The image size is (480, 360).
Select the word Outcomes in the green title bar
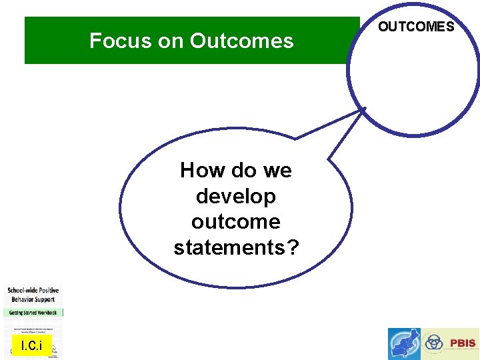241,41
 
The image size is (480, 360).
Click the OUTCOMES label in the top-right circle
416,27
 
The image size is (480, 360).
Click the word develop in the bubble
236,196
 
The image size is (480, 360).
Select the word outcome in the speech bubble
236,221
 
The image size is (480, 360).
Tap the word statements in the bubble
229,247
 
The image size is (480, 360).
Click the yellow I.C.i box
31,345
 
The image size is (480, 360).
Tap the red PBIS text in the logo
463,343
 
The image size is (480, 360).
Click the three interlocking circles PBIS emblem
434,343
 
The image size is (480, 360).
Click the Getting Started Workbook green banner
33,312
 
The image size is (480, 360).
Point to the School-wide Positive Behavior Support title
33,295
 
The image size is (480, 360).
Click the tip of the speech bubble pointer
365,108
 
